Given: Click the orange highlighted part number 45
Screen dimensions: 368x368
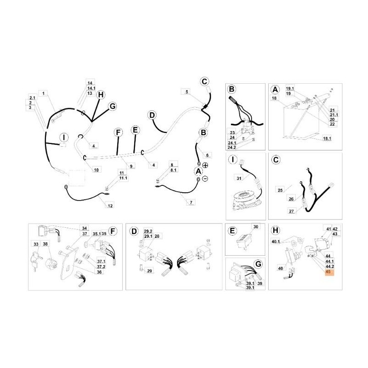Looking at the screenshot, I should point(328,272).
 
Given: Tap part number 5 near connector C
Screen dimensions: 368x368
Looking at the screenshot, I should point(187,92).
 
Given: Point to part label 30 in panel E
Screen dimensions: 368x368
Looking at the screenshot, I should point(256,227).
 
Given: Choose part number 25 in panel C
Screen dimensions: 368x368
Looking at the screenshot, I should point(280,189).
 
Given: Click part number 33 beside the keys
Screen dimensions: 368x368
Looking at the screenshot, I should point(36,244).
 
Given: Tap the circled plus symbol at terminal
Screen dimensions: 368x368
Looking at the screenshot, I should point(205,165).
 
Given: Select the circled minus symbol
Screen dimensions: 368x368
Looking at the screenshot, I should point(205,178).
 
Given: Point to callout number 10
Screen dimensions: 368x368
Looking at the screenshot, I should point(96,170).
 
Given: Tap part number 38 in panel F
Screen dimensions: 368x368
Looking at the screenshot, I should point(46,244).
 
